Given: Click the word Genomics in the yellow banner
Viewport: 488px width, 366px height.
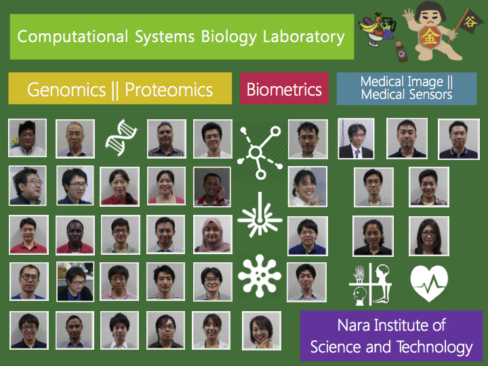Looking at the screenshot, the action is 66,90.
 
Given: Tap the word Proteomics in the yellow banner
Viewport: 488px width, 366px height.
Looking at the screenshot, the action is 169,90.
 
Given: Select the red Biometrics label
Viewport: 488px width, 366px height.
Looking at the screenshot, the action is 284,89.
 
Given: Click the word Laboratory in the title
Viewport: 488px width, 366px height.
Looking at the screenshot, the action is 304,37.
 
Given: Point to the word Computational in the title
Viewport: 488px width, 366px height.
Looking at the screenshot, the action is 73,37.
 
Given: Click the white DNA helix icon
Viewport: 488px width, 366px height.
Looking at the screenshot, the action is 121,137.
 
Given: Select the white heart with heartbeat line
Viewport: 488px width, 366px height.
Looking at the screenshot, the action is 429,283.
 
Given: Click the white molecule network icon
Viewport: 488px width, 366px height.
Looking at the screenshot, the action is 259,152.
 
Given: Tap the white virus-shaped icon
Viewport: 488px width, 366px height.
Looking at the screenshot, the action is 259,276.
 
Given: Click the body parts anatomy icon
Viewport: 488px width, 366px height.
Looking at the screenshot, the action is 370,284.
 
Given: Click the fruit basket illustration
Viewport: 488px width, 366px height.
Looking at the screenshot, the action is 377,29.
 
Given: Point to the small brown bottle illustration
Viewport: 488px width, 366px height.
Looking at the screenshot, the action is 401,52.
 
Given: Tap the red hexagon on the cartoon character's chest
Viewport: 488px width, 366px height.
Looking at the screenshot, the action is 430,37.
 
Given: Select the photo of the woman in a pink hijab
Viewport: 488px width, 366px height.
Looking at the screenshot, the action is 213,235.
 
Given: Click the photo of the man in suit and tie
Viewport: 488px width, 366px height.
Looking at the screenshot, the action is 356,138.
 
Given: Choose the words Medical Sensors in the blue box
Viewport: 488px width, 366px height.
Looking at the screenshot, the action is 407,95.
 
